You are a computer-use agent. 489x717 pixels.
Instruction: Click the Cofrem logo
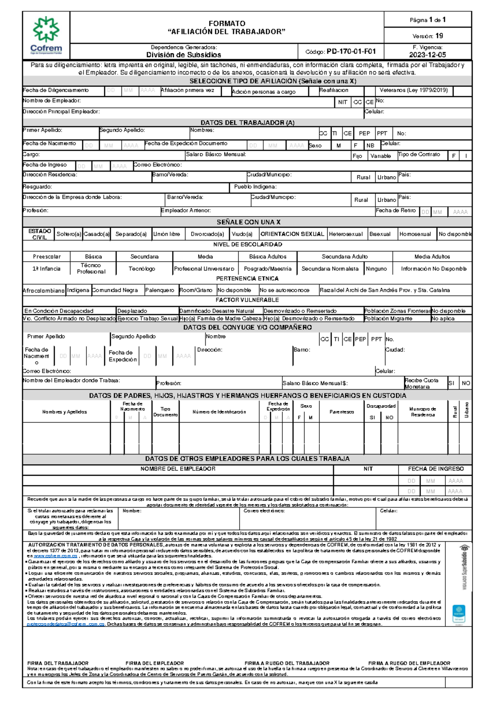point(46,35)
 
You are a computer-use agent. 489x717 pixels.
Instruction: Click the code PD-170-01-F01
point(351,52)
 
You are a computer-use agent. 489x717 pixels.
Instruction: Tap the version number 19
point(439,36)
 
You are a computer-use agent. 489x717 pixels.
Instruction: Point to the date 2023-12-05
point(427,55)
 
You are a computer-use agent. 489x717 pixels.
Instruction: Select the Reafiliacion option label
point(333,90)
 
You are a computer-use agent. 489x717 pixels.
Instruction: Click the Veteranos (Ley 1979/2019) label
point(413,90)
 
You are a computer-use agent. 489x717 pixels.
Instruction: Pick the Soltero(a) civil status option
point(68,234)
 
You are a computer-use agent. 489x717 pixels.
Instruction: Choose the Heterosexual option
point(346,234)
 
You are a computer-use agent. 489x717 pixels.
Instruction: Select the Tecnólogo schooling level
point(142,269)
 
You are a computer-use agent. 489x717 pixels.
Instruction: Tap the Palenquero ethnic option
point(159,290)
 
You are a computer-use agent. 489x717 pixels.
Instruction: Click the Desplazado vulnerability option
point(132,311)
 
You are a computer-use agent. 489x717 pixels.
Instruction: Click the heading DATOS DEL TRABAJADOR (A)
point(247,123)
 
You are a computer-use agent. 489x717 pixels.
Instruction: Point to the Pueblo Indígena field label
point(255,187)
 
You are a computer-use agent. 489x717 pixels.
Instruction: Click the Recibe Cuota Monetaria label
point(421,384)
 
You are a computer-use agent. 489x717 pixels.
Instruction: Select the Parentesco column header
point(341,412)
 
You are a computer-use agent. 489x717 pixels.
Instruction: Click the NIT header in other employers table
point(368,469)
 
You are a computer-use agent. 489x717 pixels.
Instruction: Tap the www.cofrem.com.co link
point(55,556)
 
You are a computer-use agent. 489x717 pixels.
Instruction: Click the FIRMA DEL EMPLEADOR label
point(154,664)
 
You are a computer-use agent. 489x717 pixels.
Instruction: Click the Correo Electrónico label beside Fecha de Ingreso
point(158,165)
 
